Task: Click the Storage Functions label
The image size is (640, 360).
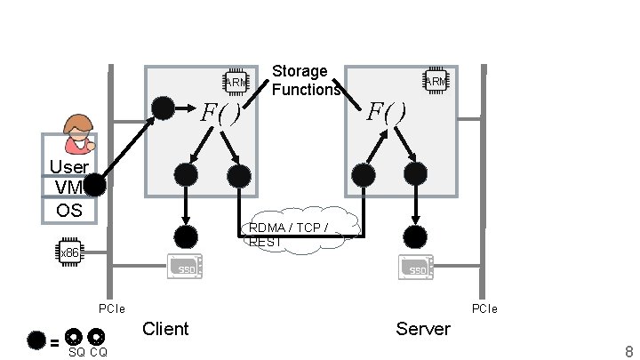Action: [306, 80]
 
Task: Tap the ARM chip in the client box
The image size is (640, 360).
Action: [236, 82]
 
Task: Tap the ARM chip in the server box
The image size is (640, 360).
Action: [435, 82]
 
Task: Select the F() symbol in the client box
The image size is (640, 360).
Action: [220, 113]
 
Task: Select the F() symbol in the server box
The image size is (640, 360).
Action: [388, 113]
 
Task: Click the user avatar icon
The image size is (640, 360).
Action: [79, 134]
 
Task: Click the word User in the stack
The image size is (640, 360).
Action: [68, 167]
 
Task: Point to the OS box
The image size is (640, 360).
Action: [68, 211]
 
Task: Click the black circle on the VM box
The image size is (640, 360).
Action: [95, 186]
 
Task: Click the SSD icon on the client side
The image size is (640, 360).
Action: [186, 267]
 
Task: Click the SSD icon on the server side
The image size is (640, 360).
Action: [415, 267]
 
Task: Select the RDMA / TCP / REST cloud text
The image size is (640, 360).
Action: [289, 234]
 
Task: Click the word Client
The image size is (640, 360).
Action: [165, 329]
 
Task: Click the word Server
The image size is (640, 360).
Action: [423, 329]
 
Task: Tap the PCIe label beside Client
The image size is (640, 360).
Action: [111, 309]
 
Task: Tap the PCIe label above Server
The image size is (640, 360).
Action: [484, 308]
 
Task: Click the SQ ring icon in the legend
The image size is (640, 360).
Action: [75, 338]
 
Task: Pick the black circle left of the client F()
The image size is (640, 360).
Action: [163, 108]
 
